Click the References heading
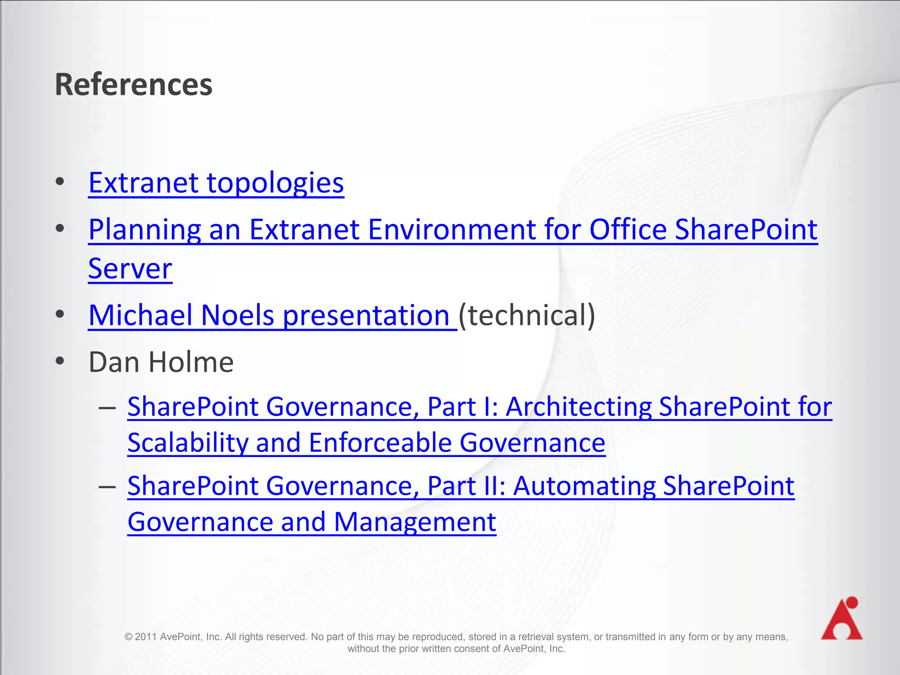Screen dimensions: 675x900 (133, 84)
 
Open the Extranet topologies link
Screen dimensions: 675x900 (216, 183)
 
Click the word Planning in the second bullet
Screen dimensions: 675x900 (145, 229)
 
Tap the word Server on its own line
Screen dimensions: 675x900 (130, 269)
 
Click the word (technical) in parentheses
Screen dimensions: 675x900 (526, 315)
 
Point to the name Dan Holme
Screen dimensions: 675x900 (161, 362)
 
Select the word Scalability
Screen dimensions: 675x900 (188, 443)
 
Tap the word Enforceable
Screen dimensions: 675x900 (380, 443)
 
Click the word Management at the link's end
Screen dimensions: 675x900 (415, 522)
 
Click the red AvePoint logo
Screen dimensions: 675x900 (842, 619)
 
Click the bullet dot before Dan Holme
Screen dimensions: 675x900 (60, 361)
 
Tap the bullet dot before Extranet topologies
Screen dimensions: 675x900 (60, 181)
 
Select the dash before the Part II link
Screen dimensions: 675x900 (107, 487)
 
